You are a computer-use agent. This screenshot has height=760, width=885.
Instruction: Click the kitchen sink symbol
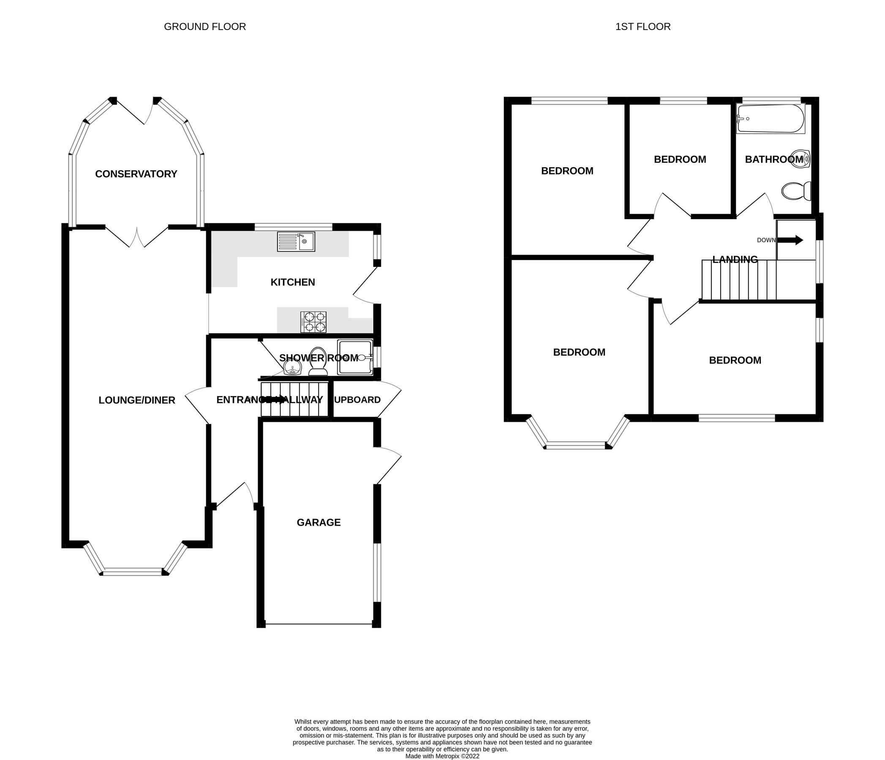(x=296, y=242)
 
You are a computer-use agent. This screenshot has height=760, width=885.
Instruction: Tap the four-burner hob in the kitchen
(x=313, y=322)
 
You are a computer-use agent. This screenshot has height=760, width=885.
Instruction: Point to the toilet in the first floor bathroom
(x=797, y=191)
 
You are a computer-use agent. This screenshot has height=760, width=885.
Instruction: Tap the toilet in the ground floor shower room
(x=318, y=362)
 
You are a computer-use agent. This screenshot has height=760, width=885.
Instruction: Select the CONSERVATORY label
(x=136, y=174)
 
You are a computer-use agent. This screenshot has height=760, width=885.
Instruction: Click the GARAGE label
(x=319, y=522)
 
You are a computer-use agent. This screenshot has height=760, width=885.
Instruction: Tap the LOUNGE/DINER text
(x=137, y=400)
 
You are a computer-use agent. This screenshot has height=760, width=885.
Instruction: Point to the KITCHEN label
(x=293, y=282)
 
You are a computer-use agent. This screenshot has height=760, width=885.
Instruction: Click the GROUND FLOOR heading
(x=204, y=27)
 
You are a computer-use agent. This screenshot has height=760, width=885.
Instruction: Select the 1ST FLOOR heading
(x=643, y=27)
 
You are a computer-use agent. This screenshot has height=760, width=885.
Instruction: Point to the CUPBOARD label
(x=357, y=400)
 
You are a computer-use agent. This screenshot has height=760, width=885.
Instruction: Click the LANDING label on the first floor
(x=735, y=260)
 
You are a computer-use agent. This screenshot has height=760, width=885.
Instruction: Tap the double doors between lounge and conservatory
(x=137, y=237)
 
